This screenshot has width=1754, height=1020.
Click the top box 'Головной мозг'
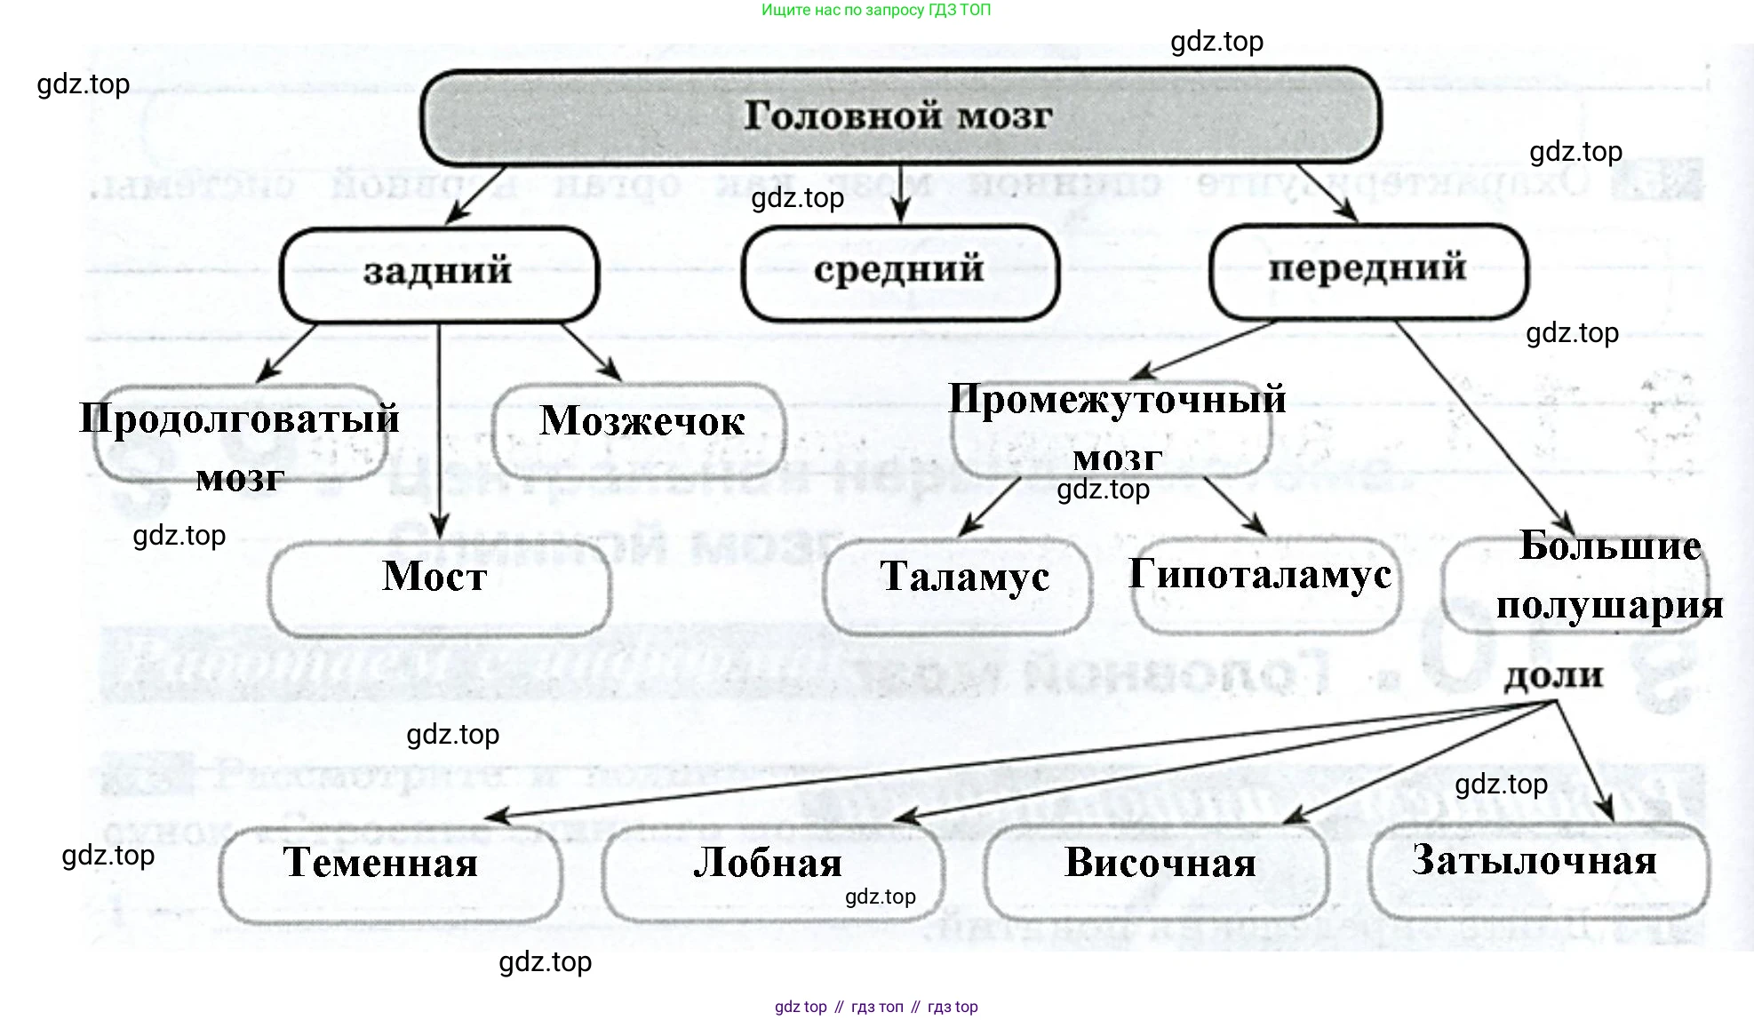coord(899,116)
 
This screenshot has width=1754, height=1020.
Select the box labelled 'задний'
coord(439,272)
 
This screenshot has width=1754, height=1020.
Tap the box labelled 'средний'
coord(899,270)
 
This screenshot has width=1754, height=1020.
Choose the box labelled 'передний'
coord(1367,268)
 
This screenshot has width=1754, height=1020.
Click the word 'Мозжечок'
coord(642,421)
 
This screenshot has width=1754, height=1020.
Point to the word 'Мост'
coord(435,577)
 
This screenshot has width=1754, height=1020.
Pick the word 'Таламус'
coord(964,577)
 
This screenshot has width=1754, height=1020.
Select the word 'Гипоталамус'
coord(1260,574)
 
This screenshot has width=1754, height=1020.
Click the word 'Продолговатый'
coord(239,418)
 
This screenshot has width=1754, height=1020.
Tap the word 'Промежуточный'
coord(1117,399)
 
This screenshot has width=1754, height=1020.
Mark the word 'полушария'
coord(1609,605)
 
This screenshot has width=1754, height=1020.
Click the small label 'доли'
coord(1553,676)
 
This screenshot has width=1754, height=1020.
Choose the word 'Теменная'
coord(380,863)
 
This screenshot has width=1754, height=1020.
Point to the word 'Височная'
coord(1160,863)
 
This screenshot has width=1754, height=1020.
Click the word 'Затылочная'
coord(1535,860)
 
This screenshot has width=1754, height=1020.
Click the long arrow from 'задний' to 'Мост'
coord(439,426)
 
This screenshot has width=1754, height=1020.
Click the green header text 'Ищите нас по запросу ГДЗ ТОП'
coord(875,10)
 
